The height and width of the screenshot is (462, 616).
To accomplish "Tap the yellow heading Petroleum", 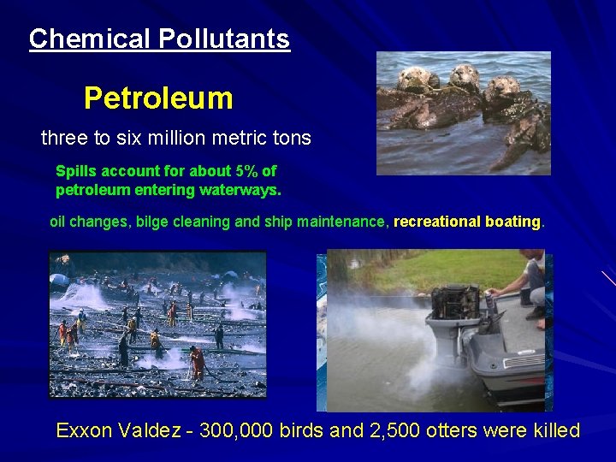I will tap(158, 98).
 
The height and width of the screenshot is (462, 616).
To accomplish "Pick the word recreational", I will tap(437, 222).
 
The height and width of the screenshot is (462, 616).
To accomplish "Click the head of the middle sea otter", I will tap(465, 75).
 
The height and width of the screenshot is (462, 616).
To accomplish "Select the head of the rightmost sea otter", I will tap(504, 86).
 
